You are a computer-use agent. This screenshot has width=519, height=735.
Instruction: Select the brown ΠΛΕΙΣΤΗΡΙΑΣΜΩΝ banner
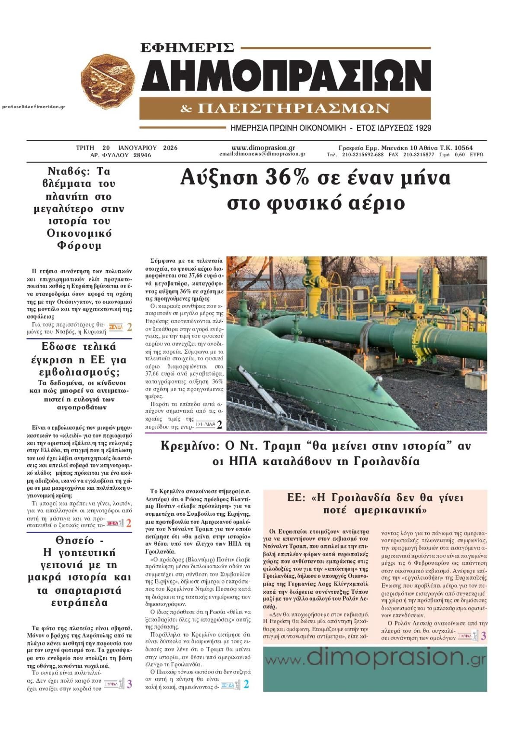(x=285, y=108)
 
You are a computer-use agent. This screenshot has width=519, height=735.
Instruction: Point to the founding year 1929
(x=422, y=128)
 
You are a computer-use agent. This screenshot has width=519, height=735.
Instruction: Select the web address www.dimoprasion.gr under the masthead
(x=263, y=148)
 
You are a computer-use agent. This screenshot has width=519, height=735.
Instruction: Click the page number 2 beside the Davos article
(x=129, y=327)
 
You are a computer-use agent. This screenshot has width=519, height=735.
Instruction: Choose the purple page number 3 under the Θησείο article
(x=129, y=684)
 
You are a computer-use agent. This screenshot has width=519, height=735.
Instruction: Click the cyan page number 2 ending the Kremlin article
(x=246, y=684)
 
